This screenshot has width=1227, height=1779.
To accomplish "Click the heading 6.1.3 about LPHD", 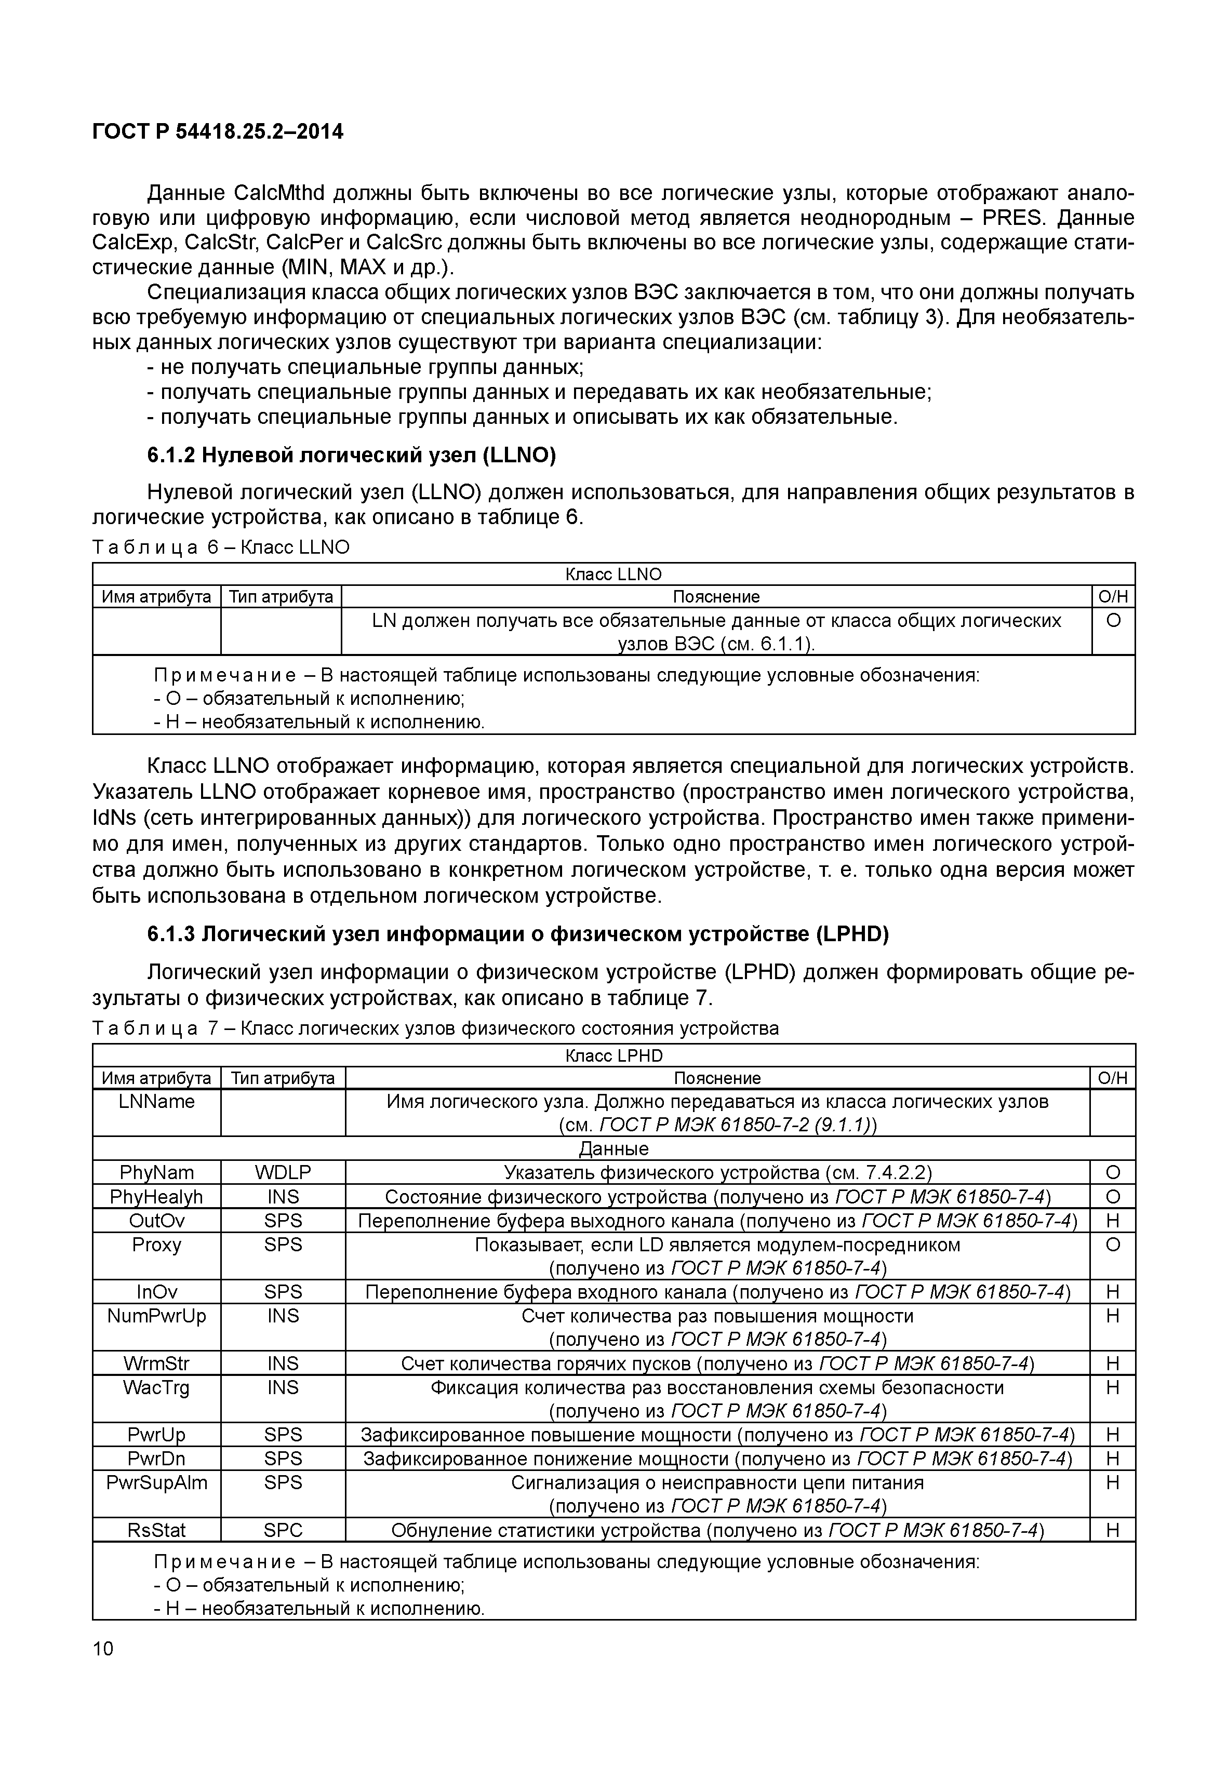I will (x=517, y=934).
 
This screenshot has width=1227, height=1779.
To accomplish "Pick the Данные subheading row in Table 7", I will (x=613, y=1148).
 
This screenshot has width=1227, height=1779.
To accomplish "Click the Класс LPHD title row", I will (x=613, y=1055).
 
